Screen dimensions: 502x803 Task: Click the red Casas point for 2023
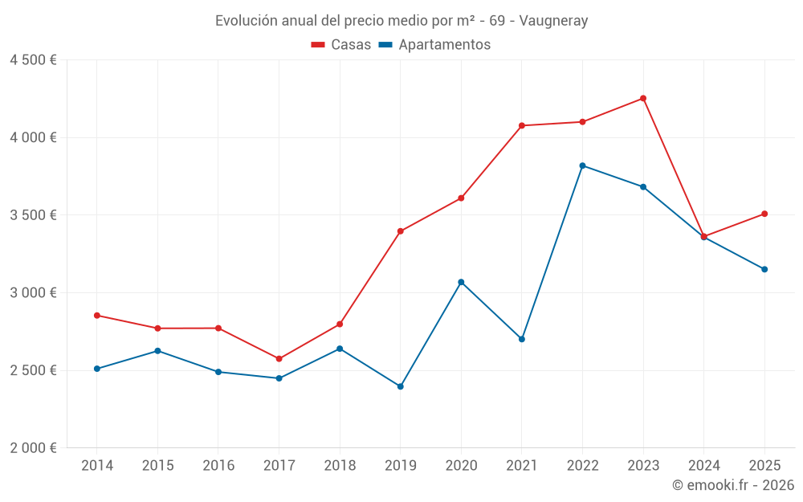click(x=643, y=98)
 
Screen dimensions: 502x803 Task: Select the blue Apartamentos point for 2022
click(x=582, y=165)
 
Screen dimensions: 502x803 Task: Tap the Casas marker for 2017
click(x=279, y=359)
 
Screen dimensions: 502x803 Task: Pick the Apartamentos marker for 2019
click(x=401, y=386)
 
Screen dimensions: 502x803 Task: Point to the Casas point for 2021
click(x=522, y=125)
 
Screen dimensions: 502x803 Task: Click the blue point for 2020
click(x=461, y=282)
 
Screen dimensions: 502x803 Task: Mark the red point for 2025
click(x=764, y=214)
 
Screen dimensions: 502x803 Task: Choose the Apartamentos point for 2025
click(x=764, y=269)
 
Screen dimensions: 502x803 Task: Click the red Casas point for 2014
click(x=96, y=316)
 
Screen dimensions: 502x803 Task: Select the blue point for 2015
click(x=157, y=351)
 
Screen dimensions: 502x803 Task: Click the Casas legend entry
click(x=341, y=45)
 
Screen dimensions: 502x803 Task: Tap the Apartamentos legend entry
click(x=434, y=45)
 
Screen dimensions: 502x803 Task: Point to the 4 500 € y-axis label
click(x=33, y=60)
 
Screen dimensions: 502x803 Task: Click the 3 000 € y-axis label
click(x=33, y=293)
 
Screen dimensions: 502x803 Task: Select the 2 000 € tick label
click(x=33, y=448)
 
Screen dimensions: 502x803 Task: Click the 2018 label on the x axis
click(x=340, y=466)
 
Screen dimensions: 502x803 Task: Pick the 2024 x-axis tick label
click(x=703, y=466)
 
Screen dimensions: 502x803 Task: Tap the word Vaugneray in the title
click(x=553, y=21)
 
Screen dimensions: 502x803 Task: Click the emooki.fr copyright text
click(x=733, y=485)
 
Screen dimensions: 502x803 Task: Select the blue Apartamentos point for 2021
click(x=522, y=339)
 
